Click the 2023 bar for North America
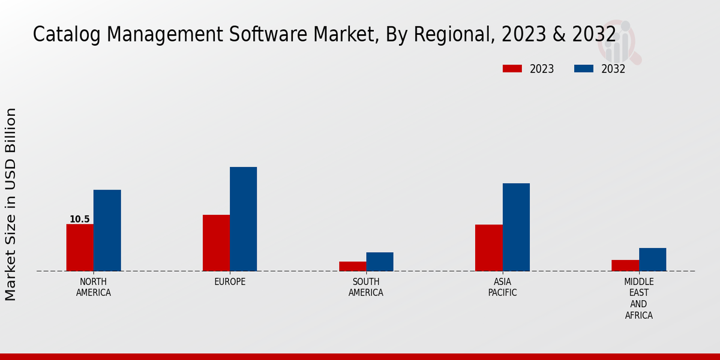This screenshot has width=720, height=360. [x=80, y=247]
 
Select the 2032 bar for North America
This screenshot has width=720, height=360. [x=107, y=230]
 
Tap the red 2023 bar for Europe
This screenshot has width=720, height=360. [x=216, y=243]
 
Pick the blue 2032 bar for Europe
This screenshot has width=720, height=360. [x=243, y=219]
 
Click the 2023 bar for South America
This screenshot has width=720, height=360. [x=352, y=266]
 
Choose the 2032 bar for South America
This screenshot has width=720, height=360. [x=380, y=262]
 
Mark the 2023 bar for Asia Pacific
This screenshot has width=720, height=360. [x=489, y=248]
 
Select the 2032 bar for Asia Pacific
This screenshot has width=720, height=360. [x=516, y=227]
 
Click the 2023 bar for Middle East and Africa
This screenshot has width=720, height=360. [x=625, y=265]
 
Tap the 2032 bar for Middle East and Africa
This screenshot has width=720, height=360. [x=652, y=259]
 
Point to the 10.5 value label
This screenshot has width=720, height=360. [x=79, y=220]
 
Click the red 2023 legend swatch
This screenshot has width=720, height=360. [x=512, y=68]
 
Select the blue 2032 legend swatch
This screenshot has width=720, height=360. [x=583, y=68]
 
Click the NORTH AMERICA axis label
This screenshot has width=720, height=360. [x=94, y=287]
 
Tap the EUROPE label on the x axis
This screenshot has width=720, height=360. [x=230, y=282]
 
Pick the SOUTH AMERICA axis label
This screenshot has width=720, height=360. [x=366, y=287]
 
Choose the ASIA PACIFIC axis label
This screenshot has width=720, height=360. [x=502, y=287]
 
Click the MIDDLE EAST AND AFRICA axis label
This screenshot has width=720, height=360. [x=639, y=299]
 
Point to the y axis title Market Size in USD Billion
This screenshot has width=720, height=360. [x=11, y=204]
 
